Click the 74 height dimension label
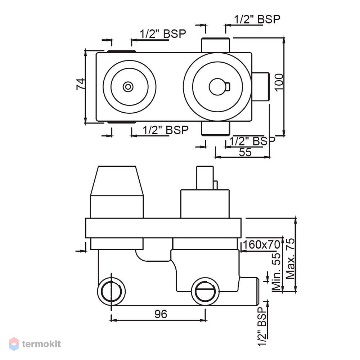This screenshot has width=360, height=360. (x=81, y=84)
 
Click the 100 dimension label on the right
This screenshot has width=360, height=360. (x=279, y=82)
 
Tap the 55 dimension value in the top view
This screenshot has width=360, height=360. (x=245, y=152)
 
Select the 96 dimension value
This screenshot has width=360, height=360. (x=161, y=314)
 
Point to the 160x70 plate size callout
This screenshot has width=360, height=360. (x=261, y=244)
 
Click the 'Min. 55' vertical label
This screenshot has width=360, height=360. (x=276, y=272)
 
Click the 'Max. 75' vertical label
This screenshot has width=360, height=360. (x=290, y=258)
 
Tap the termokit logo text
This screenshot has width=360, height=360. (x=41, y=344)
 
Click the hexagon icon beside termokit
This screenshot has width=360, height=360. (x=14, y=344)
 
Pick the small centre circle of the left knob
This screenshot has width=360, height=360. (x=128, y=87)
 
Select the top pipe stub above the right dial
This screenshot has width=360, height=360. (x=215, y=45)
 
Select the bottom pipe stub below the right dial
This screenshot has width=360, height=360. (x=215, y=128)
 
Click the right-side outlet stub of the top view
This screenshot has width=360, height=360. (x=260, y=86)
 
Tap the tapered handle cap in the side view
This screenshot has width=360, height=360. (x=117, y=181)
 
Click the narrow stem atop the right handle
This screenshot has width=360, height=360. (x=205, y=178)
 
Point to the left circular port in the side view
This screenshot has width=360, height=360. (x=111, y=291)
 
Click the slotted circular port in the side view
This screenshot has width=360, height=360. (x=205, y=291)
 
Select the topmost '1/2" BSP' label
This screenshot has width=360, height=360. (x=257, y=19)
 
